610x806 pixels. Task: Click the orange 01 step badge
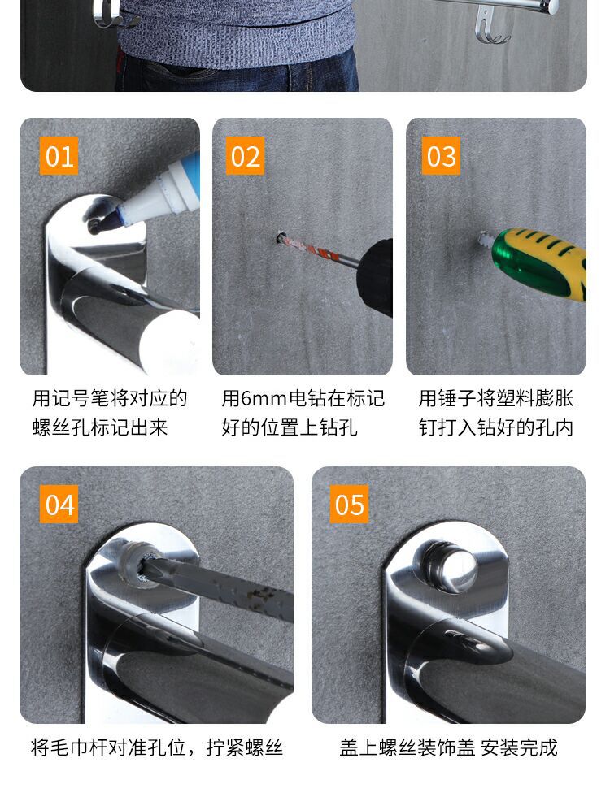(x=59, y=156)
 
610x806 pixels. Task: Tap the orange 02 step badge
(x=245, y=156)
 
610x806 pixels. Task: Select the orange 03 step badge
(x=441, y=156)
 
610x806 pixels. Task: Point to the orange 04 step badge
(x=59, y=505)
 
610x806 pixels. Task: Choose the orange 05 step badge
(x=349, y=505)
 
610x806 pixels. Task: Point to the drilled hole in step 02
(x=281, y=239)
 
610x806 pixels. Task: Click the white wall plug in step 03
(x=486, y=240)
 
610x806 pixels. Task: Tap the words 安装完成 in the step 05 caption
(x=520, y=747)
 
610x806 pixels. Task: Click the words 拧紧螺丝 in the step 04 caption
(x=246, y=747)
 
